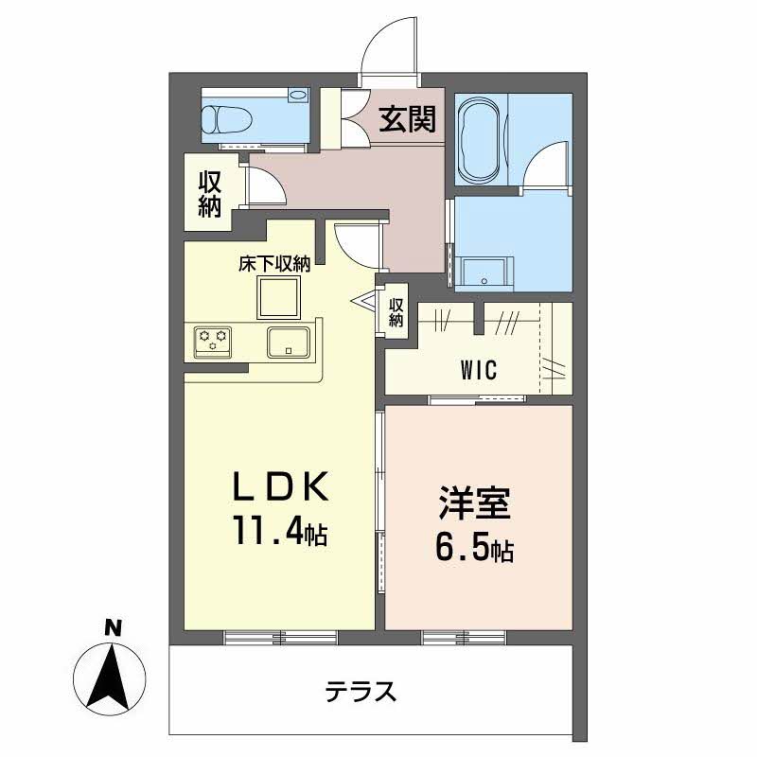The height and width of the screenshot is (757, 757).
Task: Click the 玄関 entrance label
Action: point(407,119)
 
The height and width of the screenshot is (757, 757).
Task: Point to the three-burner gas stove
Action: point(212,342)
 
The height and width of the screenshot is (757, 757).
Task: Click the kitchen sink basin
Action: point(289,343)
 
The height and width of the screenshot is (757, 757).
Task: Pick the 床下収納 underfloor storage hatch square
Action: point(278,297)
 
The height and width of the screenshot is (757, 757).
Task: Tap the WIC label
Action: point(479,370)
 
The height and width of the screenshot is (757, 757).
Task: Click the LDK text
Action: point(281,486)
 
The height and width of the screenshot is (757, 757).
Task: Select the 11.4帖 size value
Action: point(280,531)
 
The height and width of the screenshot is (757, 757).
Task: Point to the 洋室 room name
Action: point(474,503)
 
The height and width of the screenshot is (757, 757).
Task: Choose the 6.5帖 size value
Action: point(474,549)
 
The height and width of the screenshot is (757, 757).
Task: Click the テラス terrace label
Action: point(361,691)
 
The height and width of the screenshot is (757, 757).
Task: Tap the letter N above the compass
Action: point(113,628)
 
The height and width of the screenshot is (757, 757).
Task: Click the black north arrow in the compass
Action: point(110,678)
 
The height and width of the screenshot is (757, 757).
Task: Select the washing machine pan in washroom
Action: point(484,273)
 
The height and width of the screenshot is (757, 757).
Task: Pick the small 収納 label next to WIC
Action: point(396,313)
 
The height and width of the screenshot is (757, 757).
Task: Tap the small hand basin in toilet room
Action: point(298,95)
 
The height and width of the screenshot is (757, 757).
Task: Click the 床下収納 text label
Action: point(274,264)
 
